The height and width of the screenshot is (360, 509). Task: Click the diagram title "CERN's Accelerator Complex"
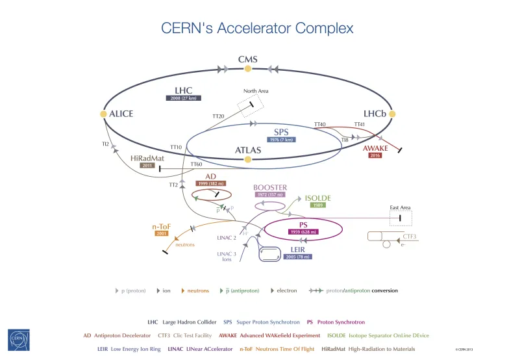click(x=257, y=28)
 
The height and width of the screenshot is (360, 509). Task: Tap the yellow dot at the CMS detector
click(x=247, y=69)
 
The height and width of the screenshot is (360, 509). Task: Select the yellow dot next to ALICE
click(x=103, y=114)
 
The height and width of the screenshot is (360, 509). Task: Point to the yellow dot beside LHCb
click(x=392, y=113)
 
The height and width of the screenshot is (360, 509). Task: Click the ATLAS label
click(x=247, y=150)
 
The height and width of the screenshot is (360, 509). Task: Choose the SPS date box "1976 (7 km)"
click(x=281, y=139)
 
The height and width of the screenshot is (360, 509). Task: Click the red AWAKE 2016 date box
click(x=375, y=156)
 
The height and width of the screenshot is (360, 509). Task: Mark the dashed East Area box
click(x=400, y=219)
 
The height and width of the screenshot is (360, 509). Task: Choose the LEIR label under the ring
click(x=298, y=249)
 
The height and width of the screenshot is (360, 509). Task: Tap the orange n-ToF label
click(x=162, y=227)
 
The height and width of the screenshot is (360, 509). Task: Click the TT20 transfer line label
click(x=218, y=116)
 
